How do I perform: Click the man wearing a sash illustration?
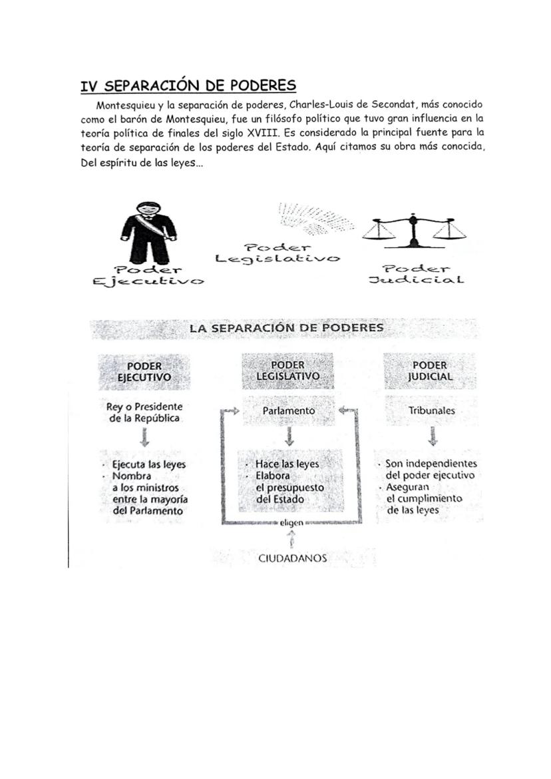(148, 233)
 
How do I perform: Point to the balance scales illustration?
(414, 230)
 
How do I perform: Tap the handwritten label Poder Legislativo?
(277, 253)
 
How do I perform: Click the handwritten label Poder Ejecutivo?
(148, 276)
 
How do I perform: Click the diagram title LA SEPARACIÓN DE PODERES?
(286, 328)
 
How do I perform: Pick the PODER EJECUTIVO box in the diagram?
(144, 371)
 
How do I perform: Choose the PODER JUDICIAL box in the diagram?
(430, 371)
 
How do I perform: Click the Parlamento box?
(289, 411)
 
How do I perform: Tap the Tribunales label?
(432, 411)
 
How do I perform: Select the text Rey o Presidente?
(144, 406)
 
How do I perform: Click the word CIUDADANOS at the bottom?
(292, 558)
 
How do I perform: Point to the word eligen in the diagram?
(291, 523)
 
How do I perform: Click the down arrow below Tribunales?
(433, 436)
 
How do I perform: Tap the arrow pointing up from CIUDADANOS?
(291, 539)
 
